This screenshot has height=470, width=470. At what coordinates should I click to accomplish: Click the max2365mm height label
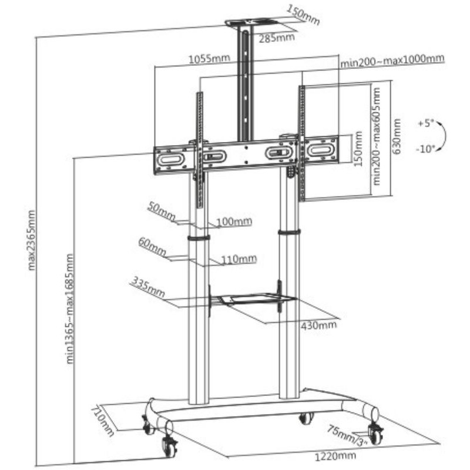coord(32,240)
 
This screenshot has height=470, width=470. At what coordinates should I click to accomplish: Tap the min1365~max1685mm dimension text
coord(70,309)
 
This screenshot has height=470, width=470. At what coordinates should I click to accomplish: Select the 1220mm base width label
coord(335,456)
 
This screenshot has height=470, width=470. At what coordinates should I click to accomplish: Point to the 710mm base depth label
coord(102,421)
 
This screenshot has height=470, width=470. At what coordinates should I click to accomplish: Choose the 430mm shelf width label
coord(318,325)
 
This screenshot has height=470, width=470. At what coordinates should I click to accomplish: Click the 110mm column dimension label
coord(239,258)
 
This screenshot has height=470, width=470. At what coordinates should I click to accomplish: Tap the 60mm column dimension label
coord(152,247)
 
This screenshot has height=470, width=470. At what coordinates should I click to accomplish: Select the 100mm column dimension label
coord(234,221)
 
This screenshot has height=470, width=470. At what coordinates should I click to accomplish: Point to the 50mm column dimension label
coord(162,211)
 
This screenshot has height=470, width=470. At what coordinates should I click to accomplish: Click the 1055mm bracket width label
coord(209,59)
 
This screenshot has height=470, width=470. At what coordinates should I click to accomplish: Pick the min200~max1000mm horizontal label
coord(392,61)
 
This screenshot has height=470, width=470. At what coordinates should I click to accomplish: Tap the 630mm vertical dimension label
coord(397,136)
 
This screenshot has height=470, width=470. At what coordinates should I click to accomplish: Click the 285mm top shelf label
coord(277,38)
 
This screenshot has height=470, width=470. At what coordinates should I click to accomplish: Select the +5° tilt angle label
coord(426,123)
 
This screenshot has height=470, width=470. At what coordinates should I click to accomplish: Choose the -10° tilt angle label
coord(425,149)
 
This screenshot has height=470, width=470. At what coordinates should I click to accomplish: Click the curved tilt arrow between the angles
coord(445,136)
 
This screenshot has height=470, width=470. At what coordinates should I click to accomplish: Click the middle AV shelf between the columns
coord(255,299)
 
